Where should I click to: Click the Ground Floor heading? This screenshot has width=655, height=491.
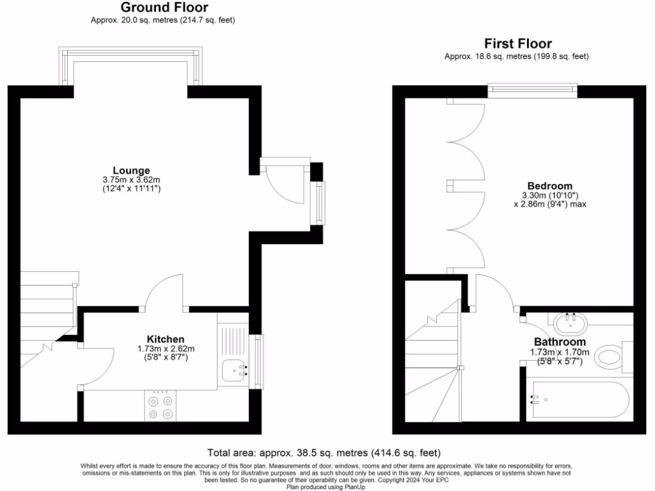[x=164, y=8]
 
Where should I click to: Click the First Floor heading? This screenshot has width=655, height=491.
[x=517, y=43]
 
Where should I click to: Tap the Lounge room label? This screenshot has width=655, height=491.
[x=131, y=170]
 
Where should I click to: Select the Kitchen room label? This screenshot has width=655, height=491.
[x=166, y=339]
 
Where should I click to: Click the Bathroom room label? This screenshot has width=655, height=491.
[x=555, y=342]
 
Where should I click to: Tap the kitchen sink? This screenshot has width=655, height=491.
[x=235, y=369]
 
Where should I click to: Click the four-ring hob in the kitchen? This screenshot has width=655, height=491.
[x=160, y=407]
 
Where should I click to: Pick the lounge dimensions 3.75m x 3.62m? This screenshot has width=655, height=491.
[x=131, y=180]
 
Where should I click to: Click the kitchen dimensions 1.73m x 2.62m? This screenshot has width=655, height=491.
[x=166, y=349]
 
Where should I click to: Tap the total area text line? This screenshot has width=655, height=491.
[x=324, y=453]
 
